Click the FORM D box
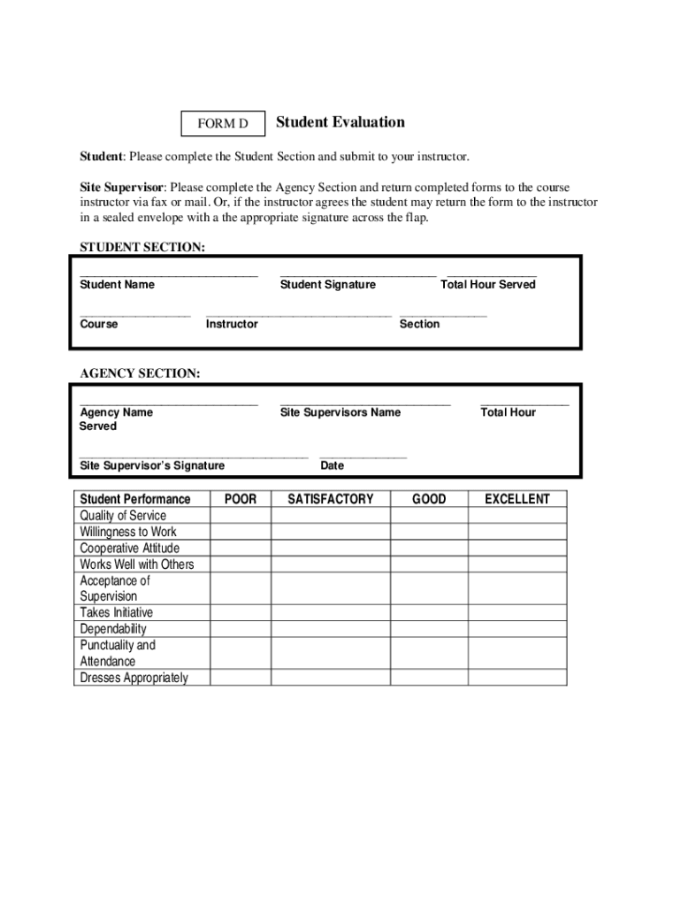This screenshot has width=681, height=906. tap(223, 125)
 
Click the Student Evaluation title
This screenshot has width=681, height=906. tap(340, 122)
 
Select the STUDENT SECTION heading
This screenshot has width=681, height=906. tap(142, 248)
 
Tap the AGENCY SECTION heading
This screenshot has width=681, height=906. tap(140, 374)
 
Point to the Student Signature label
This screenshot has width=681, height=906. tap(327, 285)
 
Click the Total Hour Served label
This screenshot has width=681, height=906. tap(487, 285)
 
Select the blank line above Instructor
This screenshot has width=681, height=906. tap(298, 315)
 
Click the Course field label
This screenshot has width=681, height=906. tap(98, 325)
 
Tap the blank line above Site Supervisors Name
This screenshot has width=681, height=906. tap(364, 403)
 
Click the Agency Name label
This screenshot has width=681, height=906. tap(116, 412)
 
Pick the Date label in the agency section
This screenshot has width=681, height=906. tap(332, 465)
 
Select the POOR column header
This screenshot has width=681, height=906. tap(241, 499)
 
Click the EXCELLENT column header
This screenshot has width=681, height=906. tap(516, 499)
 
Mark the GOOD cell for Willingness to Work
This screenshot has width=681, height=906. tap(429, 532)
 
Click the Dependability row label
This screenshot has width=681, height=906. tap(113, 629)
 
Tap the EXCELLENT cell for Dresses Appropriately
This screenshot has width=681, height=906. tap(516, 678)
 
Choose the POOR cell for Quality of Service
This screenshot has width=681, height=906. tap(241, 516)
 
